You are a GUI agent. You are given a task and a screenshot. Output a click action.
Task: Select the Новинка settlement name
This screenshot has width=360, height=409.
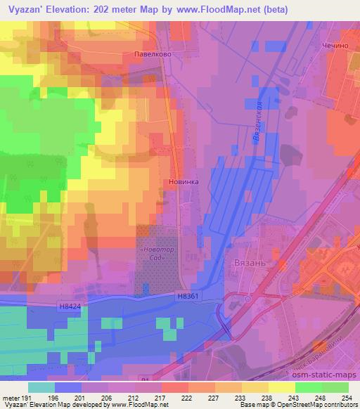click(185, 181)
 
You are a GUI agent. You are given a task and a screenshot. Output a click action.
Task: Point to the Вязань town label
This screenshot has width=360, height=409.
click(247, 261)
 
